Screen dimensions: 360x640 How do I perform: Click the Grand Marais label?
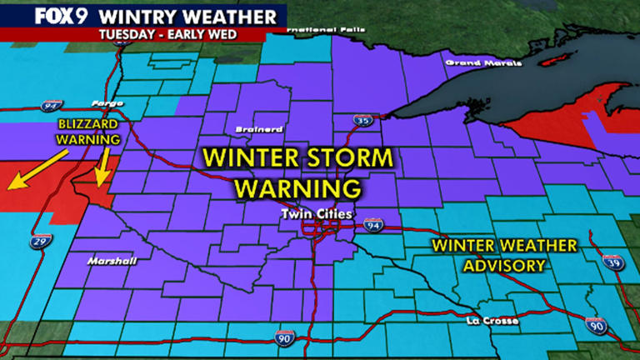472,62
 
